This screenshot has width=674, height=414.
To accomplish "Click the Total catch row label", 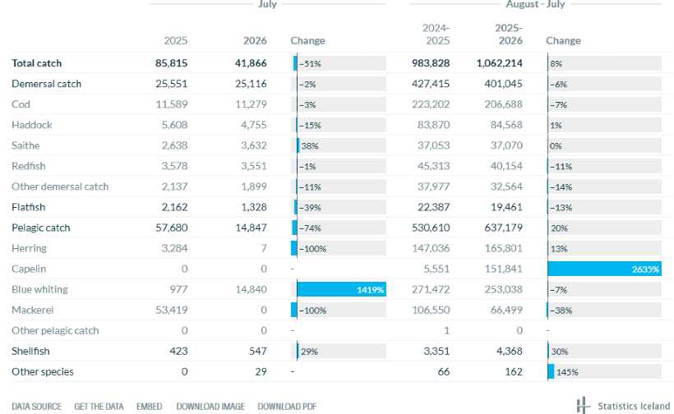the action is point(36,63).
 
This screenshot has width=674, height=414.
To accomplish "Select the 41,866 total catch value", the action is point(251,63).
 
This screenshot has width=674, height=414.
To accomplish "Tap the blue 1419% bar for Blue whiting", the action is point(341,289).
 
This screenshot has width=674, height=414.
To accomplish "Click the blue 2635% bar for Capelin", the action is point(604,269).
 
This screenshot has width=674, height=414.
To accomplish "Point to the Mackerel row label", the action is point(33,310).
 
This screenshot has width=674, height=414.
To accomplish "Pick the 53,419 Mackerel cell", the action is point(172,310).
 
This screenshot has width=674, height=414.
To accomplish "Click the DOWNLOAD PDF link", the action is point(287,407).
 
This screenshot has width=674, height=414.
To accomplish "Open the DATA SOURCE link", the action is point(36,407).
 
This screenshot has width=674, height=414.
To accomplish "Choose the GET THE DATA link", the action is point(99,407).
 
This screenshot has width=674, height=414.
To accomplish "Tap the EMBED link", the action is point(149,407).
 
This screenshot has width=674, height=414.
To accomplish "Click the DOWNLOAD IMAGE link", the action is point(210,407).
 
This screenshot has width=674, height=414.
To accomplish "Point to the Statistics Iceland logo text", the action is point(634,407).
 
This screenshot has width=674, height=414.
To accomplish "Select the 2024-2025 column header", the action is point(436,34).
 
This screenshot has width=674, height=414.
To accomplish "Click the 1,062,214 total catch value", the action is point(499,63).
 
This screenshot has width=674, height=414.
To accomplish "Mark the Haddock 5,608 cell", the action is point(174,125).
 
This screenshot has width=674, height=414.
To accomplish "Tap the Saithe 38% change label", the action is point(310,146).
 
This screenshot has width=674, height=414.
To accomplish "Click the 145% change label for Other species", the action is point(567,372).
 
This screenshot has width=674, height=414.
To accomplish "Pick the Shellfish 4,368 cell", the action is point(510,352).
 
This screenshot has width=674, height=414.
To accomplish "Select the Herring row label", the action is point(29,248).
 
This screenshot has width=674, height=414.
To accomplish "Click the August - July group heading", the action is point(535,4).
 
